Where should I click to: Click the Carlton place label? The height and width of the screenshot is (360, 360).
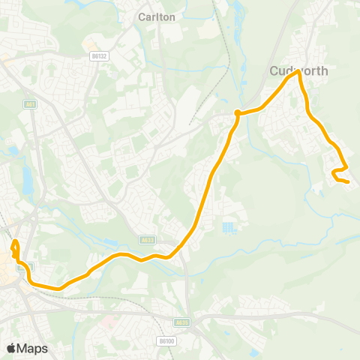tap(156, 16)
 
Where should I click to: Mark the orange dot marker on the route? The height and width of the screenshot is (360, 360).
tap(237, 113)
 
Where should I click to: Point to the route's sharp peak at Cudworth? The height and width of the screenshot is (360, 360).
tap(298, 72)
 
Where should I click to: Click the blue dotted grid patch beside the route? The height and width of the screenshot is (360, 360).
tap(229, 226)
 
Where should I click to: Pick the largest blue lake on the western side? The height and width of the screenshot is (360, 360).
tap(28, 180)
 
